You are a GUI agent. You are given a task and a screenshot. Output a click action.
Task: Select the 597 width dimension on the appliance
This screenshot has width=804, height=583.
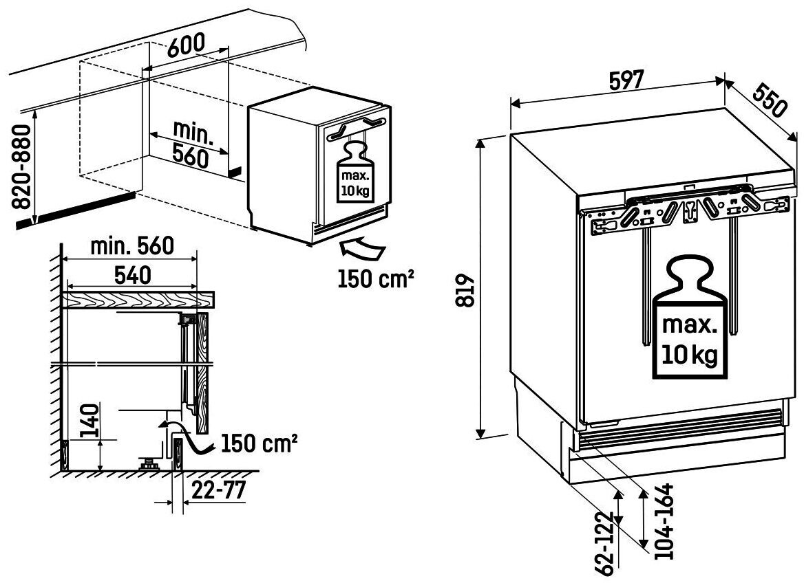coord(625,80)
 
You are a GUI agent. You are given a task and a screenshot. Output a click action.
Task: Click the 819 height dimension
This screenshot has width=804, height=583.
coord(465,291)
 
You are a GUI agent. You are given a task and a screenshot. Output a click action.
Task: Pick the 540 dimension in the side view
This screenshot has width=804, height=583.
coord(132,275)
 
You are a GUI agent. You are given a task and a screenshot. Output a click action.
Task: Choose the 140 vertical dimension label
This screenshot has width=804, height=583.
coord(89,421)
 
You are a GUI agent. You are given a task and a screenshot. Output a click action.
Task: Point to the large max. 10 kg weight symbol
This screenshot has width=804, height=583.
coord(690,318)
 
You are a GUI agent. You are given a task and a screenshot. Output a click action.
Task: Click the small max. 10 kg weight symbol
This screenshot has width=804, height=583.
coord(355,173)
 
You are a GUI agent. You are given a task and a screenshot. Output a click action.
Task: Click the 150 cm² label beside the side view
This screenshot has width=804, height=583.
coord(260,443)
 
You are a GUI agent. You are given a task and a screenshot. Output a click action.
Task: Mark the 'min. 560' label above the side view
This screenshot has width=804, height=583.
coord(132,246)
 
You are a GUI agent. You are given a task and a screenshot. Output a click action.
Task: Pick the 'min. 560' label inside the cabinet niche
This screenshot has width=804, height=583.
coord(191,144)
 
